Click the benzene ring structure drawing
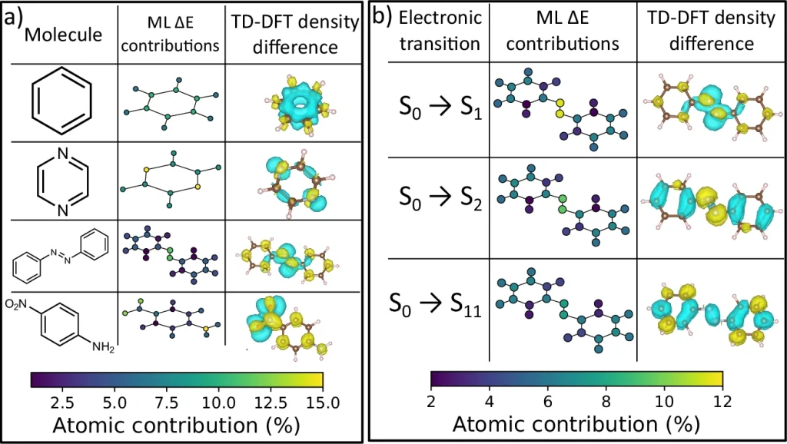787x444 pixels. point(61,101)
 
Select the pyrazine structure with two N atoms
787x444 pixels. point(63,181)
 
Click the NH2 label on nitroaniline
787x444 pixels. point(103,346)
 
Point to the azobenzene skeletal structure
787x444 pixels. point(60,258)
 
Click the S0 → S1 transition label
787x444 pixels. point(440,108)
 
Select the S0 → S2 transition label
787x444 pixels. point(440,198)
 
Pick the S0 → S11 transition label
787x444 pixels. point(435,304)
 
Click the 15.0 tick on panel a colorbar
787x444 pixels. point(323,403)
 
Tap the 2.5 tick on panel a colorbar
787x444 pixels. point(62,403)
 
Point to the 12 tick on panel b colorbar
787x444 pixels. point(722,401)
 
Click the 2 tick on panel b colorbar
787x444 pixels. point(430,401)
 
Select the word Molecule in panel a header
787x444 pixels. point(63,35)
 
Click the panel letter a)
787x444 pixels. point(14,18)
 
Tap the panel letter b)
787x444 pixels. point(382,17)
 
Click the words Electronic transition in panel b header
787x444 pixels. point(440,31)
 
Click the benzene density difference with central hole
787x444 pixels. point(301,104)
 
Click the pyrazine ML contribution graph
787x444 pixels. point(171,178)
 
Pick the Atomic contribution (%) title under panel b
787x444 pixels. point(576,425)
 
